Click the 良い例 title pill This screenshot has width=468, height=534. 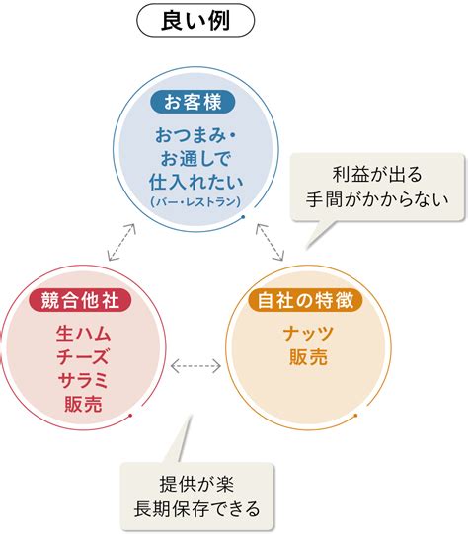[195, 20]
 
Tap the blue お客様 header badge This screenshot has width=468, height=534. [193, 102]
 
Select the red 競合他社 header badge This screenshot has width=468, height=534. [80, 300]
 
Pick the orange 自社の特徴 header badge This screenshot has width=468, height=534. [305, 300]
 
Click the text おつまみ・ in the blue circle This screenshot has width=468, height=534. [195, 135]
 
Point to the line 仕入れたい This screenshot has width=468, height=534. [195, 183]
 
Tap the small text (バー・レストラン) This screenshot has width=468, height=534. [195, 202]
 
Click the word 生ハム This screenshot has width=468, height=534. [84, 333]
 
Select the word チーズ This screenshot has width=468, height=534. [83, 356]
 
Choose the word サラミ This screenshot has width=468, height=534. [83, 380]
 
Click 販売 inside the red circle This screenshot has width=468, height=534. [83, 405]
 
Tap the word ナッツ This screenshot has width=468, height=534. [308, 333]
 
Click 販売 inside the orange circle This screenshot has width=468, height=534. [308, 357]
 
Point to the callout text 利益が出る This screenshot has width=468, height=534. [377, 175]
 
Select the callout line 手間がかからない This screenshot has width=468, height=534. [377, 199]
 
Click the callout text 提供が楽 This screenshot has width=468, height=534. [196, 484]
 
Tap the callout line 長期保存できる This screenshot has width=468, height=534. [196, 509]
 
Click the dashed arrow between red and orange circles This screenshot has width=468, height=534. [195, 366]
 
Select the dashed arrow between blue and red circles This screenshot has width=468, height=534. [121, 242]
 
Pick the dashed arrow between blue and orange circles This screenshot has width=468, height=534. [270, 242]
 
